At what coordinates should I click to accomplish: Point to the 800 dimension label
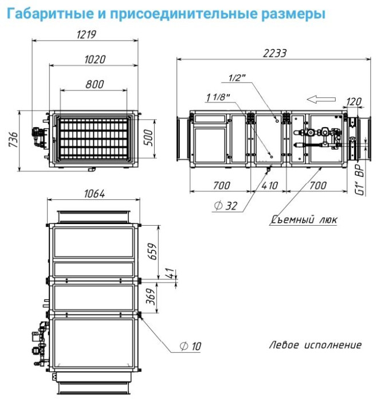(95, 84)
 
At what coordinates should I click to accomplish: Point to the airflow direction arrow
(321, 99)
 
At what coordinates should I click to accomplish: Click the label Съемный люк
(304, 219)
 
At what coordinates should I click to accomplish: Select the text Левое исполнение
(315, 345)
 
